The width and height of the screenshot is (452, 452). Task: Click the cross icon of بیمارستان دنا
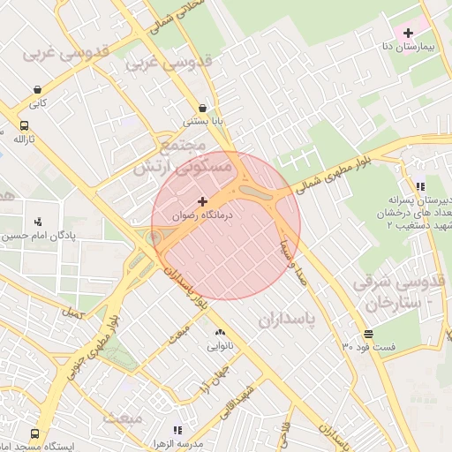coord(407,32)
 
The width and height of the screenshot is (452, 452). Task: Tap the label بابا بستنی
coord(203,121)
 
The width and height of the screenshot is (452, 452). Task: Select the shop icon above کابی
coord(37,89)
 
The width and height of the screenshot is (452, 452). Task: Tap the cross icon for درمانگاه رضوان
coord(204,202)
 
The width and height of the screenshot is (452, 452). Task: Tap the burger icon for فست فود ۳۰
coord(368,334)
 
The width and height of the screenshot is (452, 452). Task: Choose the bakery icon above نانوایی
coord(220,333)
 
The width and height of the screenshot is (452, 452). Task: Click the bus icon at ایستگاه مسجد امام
coord(34,434)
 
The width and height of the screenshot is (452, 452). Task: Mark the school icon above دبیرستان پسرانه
coord(420,186)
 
